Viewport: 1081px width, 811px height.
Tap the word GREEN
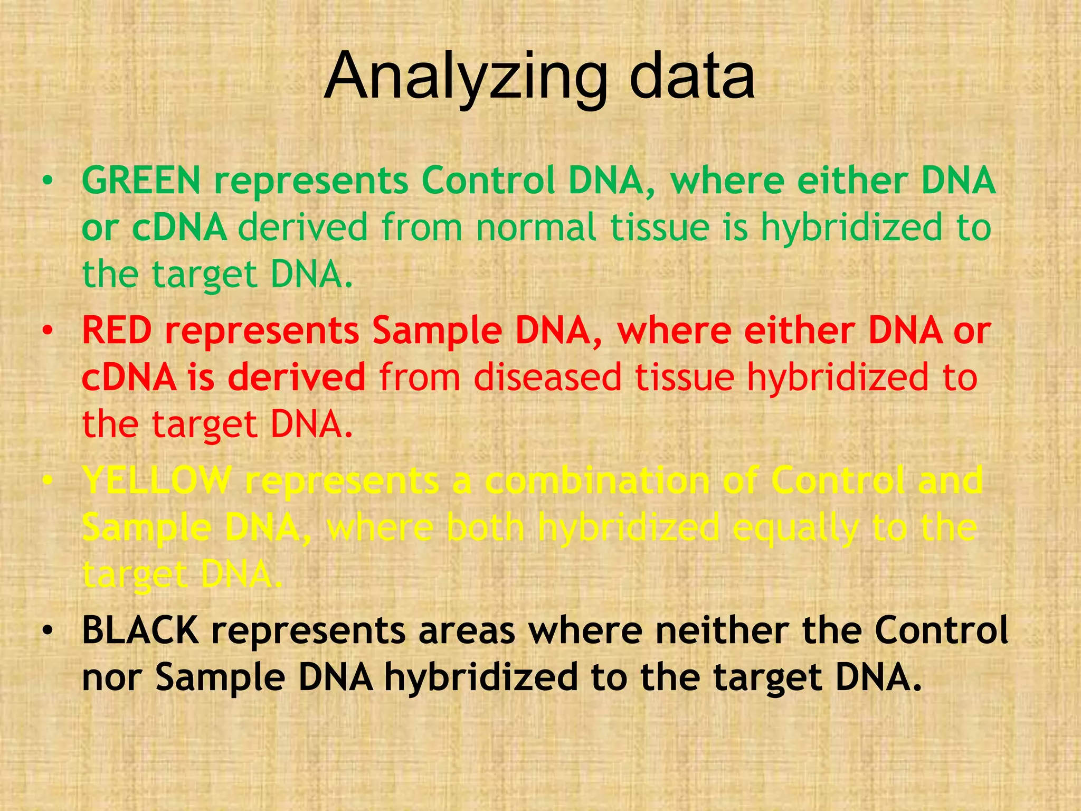click(141, 180)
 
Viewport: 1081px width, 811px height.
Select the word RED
click(117, 331)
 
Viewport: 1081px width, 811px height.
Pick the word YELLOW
click(157, 480)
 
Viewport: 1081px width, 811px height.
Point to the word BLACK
click(140, 630)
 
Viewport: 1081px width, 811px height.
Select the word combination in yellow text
click(596, 480)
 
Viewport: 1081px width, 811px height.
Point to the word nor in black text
click(112, 678)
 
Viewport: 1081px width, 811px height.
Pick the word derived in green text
click(302, 227)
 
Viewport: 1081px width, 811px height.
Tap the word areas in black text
click(467, 631)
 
